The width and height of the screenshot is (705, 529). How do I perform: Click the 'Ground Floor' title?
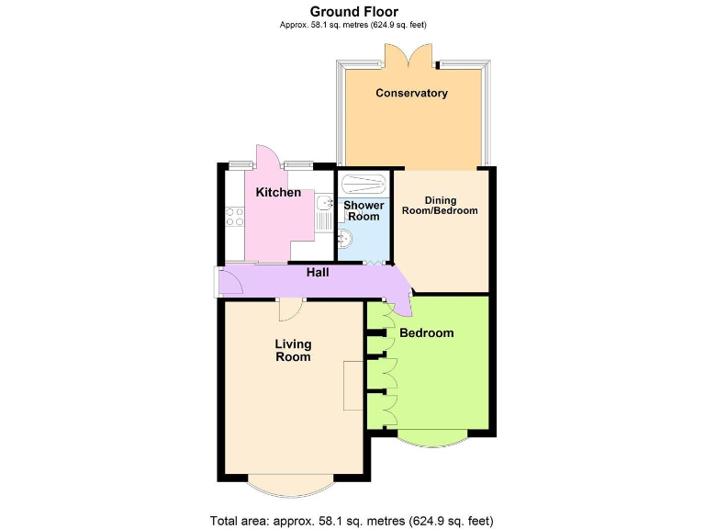click(x=353, y=12)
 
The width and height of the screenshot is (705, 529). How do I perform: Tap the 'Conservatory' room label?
click(x=411, y=93)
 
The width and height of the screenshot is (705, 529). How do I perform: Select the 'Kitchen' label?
click(x=278, y=193)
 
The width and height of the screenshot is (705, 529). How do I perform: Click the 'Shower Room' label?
click(x=364, y=210)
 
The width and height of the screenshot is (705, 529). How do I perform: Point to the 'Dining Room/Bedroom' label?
click(x=440, y=205)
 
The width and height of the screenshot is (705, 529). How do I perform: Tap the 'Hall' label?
click(x=318, y=273)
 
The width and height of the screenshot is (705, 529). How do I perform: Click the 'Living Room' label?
click(x=294, y=350)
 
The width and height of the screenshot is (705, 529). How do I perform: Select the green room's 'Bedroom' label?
click(x=427, y=332)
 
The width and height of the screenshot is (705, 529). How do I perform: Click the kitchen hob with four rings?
click(x=234, y=217)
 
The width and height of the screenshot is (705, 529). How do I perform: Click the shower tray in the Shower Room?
click(x=364, y=181)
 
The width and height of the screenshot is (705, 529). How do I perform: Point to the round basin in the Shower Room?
click(x=344, y=240)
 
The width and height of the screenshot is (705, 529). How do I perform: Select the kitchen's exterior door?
click(x=267, y=157)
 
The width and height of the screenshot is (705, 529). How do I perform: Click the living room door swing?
click(x=288, y=310)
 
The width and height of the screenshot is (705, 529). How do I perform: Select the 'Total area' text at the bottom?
click(x=352, y=521)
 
